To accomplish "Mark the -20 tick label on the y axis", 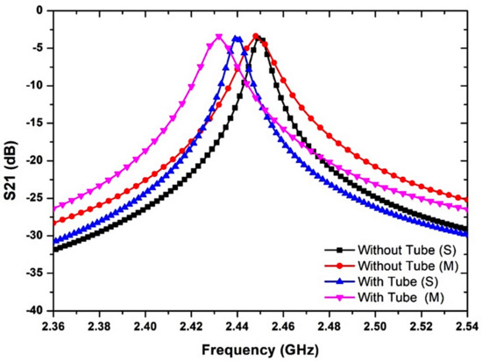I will [x=35, y=160].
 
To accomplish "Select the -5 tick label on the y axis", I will [x=38, y=48].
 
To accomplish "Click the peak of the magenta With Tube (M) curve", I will [x=218, y=37].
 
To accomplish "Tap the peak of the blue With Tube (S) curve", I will [x=237, y=38].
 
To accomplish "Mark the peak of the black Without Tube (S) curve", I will [x=260, y=38].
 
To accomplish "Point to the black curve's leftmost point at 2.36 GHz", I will [x=53, y=250].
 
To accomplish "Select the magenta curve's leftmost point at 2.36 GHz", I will [x=53, y=209].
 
